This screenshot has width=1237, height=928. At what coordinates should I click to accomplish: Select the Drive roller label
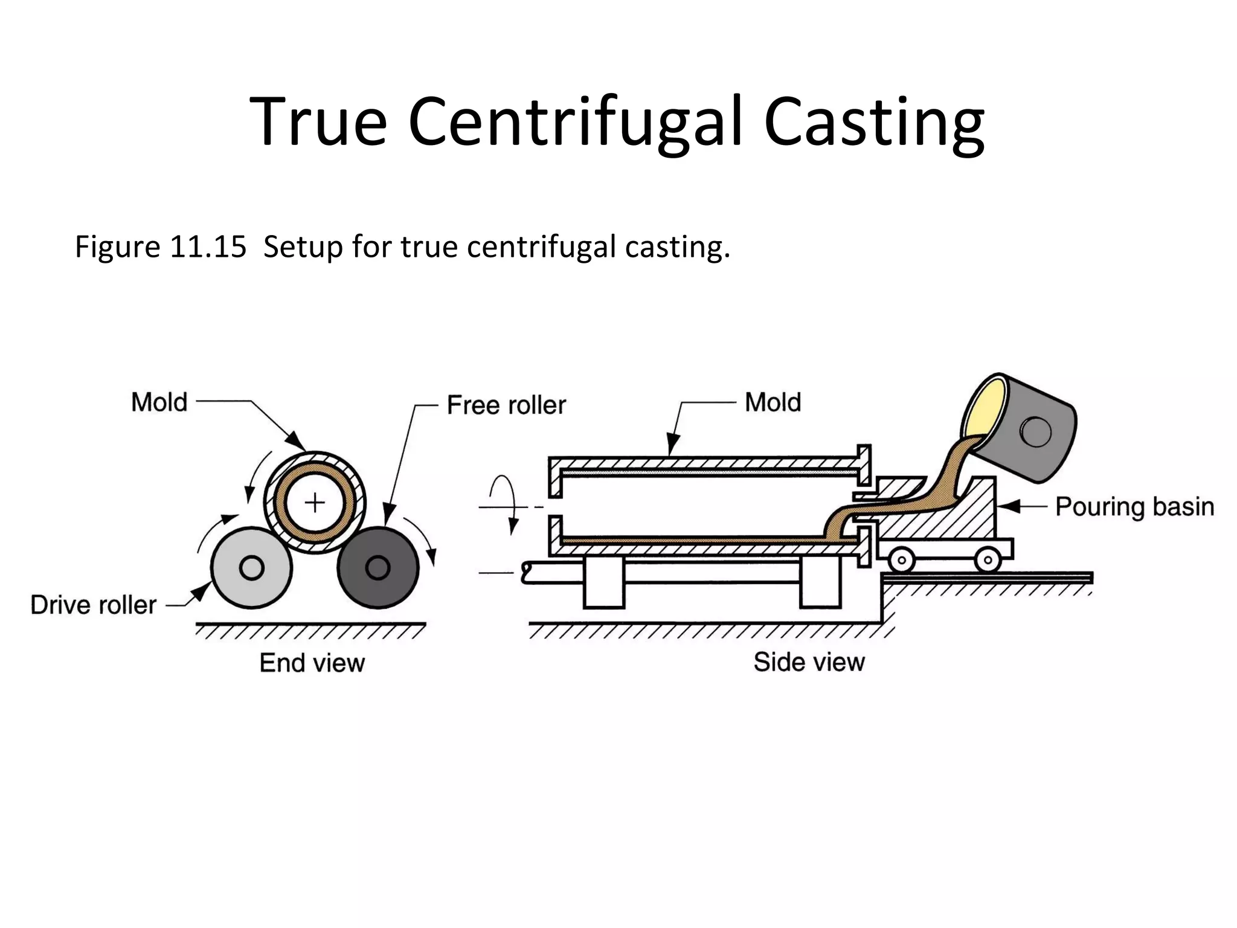pos(94,605)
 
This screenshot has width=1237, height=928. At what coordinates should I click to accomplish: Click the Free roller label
pos(506,405)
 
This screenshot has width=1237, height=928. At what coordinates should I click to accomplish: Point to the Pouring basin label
pos(1134,507)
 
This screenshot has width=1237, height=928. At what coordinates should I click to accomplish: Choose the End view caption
pos(312,663)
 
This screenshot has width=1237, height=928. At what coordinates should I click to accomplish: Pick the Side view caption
pos(809,662)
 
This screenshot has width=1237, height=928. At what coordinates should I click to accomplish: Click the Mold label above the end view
pos(159,402)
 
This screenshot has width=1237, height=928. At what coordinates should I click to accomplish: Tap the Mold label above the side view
pos(773,402)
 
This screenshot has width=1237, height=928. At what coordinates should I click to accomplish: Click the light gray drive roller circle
pos(251,568)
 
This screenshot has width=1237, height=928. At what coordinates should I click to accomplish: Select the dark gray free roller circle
pos(378,568)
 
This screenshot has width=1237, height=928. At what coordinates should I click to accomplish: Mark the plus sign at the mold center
pos(315,503)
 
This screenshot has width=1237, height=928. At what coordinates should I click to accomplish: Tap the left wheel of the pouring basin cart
pos(901,560)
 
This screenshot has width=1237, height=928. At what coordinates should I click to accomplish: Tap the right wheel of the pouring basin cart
pos(988,560)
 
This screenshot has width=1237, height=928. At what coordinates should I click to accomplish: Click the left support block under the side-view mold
pos(603,582)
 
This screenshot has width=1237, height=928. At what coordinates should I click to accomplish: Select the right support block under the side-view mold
pos(820,582)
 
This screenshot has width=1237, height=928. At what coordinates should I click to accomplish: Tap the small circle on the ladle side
pos(1035,431)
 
